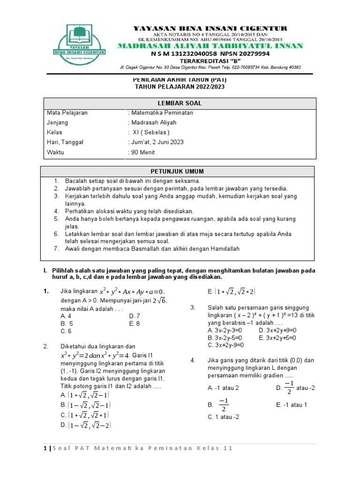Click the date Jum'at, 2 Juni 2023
point(156,142)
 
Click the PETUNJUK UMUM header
point(177,172)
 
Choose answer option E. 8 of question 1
point(135,323)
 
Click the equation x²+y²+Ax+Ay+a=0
point(133,292)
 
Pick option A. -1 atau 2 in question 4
point(223,388)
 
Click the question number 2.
point(46,346)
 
